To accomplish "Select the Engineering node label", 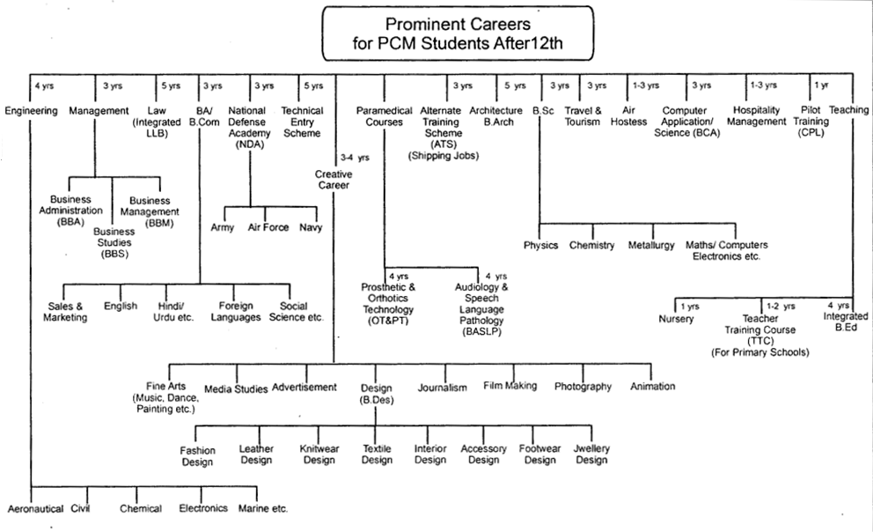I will click(31, 111).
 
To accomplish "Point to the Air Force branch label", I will click(268, 227).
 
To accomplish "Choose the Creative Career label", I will click(333, 180).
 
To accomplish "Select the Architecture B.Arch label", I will click(495, 116).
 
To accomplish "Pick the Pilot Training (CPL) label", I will click(811, 122).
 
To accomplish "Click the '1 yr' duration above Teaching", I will click(821, 85).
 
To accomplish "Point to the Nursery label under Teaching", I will click(676, 319).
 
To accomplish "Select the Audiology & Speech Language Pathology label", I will click(481, 304).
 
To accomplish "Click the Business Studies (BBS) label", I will click(114, 242).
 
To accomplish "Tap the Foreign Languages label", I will click(236, 312).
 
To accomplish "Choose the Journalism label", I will click(443, 388).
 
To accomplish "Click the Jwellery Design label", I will click(591, 454).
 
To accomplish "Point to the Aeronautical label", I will click(35, 508).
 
